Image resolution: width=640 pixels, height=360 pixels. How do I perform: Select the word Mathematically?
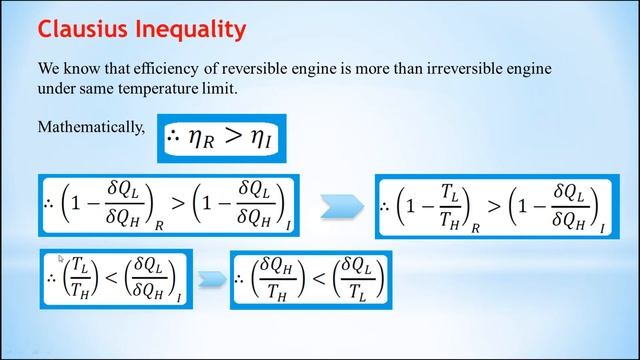[91, 127]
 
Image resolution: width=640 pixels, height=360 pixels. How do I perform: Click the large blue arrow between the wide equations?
[341, 206]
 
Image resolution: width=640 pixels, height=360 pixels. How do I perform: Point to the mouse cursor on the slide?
[62, 258]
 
